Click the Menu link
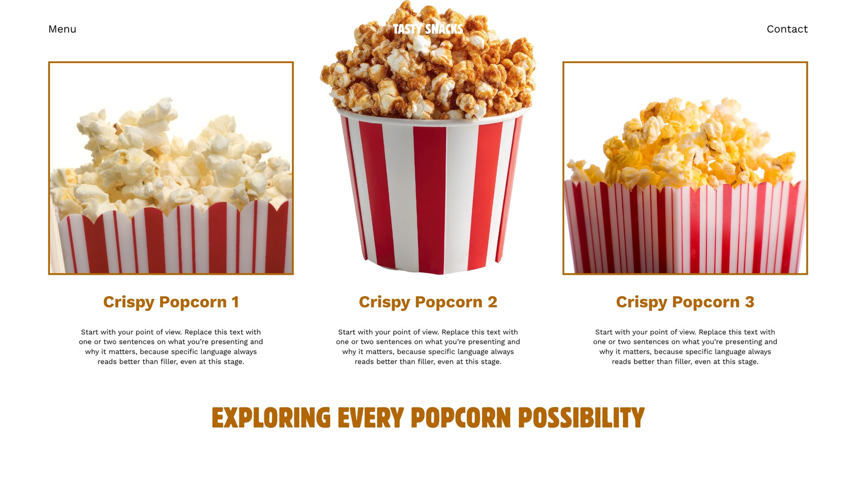click(62, 29)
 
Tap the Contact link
click(787, 29)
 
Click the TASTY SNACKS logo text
click(428, 29)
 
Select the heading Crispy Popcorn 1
click(171, 302)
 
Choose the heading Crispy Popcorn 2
click(428, 302)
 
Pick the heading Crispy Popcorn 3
click(685, 302)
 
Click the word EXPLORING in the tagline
click(271, 417)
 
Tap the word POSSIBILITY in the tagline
click(582, 417)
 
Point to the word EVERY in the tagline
click(371, 417)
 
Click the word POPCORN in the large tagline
click(461, 417)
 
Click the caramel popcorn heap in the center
click(428, 61)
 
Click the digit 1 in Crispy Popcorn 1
click(235, 302)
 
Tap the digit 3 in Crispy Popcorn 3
click(750, 302)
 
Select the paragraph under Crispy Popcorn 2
click(428, 347)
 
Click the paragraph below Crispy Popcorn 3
click(685, 347)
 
